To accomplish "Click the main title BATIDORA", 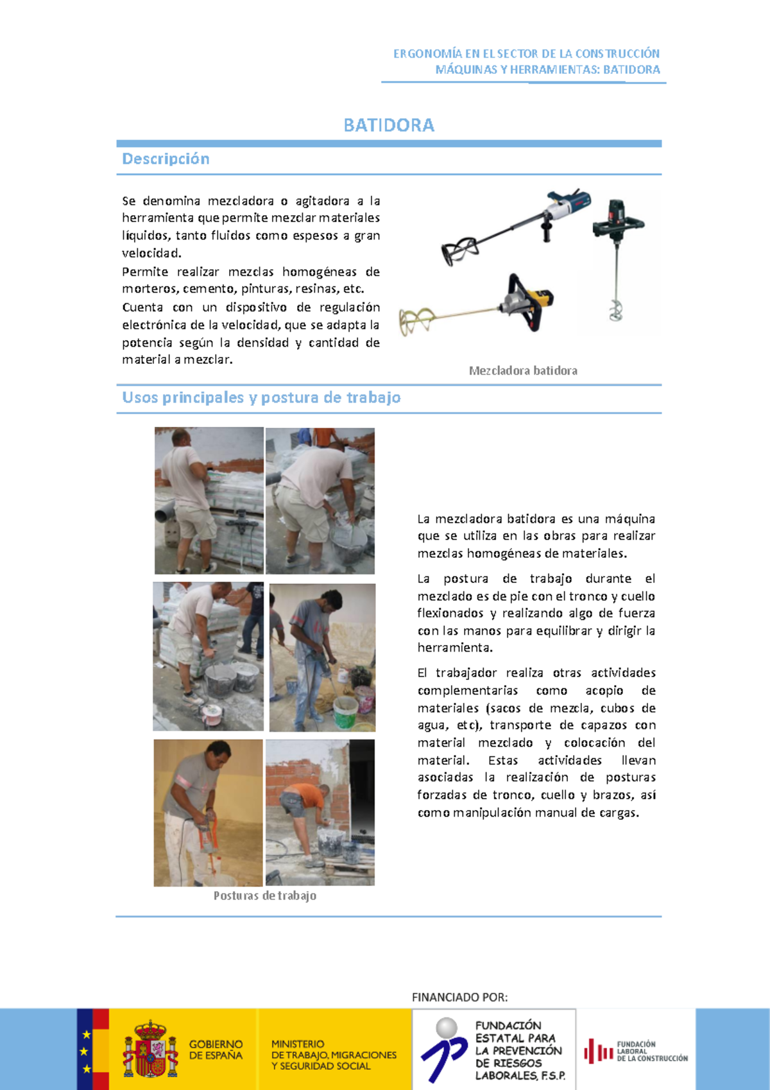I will (x=389, y=125).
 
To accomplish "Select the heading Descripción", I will (x=166, y=159).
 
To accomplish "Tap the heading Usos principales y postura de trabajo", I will (x=261, y=397).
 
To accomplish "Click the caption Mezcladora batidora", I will (x=523, y=370).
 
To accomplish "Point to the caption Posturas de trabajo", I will (x=264, y=895).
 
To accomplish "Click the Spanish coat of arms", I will (x=150, y=1050).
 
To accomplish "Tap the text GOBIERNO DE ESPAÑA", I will (x=216, y=1050).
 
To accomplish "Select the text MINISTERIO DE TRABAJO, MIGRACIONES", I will (x=334, y=1050).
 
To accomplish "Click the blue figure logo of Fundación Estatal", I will (x=444, y=1050).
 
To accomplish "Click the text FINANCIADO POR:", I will (x=459, y=997).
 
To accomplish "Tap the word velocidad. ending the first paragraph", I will (x=152, y=253).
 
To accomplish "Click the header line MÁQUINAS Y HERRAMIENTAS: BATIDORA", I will (x=547, y=69).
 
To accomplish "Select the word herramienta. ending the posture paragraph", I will (x=455, y=648).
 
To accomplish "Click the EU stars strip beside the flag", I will (x=85, y=1050).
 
